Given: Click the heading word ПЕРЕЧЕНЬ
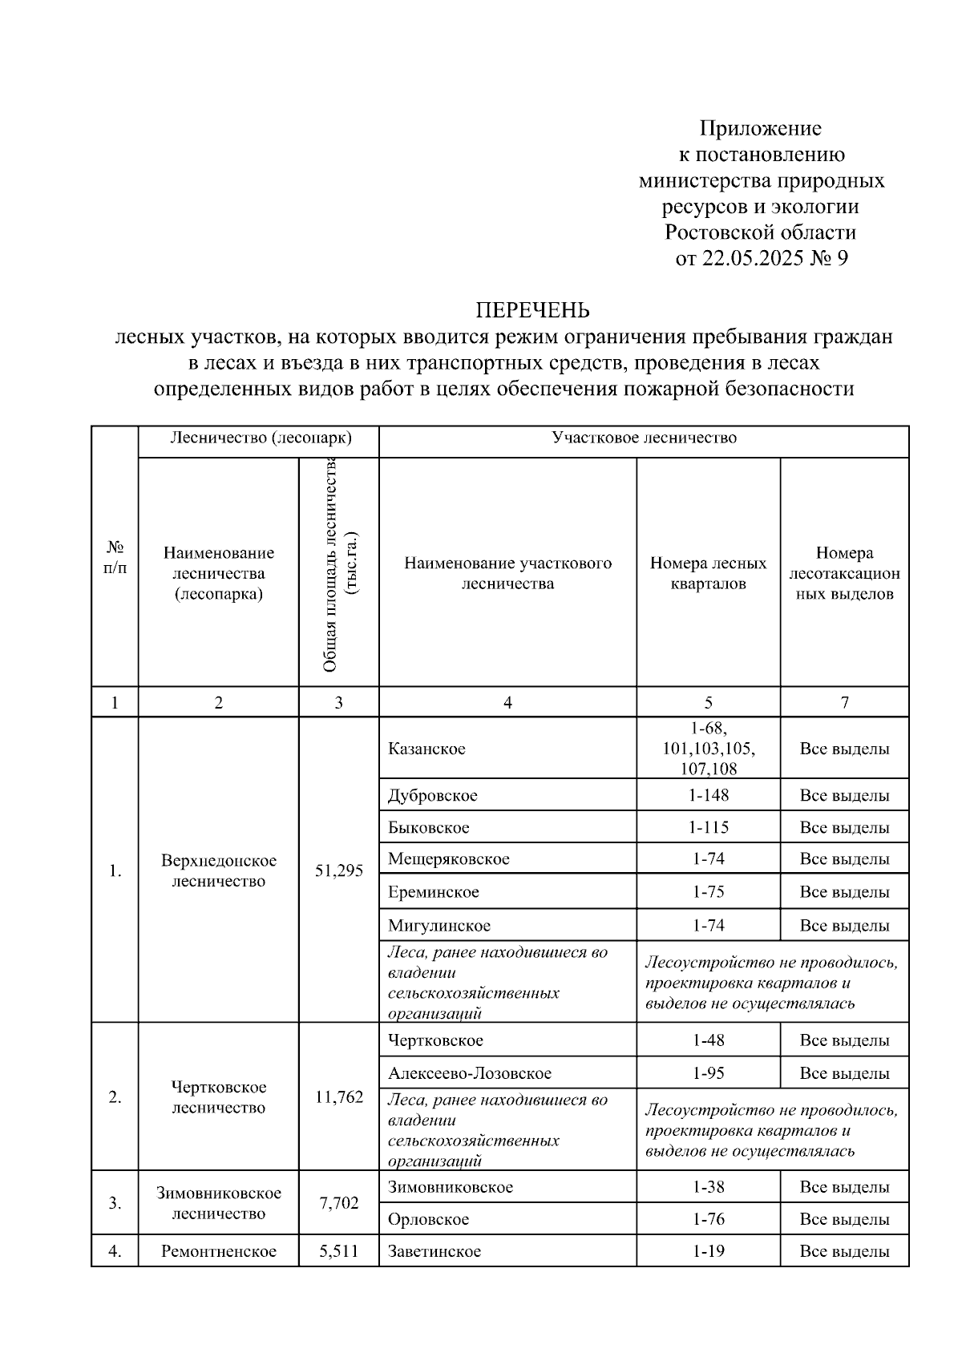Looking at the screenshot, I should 533,309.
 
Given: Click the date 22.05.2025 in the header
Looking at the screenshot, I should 752,259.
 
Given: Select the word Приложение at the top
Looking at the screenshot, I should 760,128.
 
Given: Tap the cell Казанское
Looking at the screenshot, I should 426,749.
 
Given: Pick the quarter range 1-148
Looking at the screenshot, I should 708,795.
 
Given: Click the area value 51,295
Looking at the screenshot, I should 338,870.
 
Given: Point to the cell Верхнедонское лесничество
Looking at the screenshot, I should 218,870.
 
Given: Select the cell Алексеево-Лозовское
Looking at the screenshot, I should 470,1072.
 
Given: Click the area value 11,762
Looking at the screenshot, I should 338,1096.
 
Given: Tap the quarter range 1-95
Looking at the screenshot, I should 708,1072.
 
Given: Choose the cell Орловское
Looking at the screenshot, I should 429,1219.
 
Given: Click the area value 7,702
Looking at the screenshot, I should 338,1203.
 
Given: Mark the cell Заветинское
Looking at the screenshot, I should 435,1251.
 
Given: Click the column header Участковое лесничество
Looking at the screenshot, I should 644,438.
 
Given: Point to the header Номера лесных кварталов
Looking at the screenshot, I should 708,573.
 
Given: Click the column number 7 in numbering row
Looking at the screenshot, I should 844,703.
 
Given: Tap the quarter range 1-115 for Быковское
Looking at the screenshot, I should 708,827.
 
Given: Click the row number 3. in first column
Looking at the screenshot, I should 115,1203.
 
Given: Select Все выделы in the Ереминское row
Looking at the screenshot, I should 844,892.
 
